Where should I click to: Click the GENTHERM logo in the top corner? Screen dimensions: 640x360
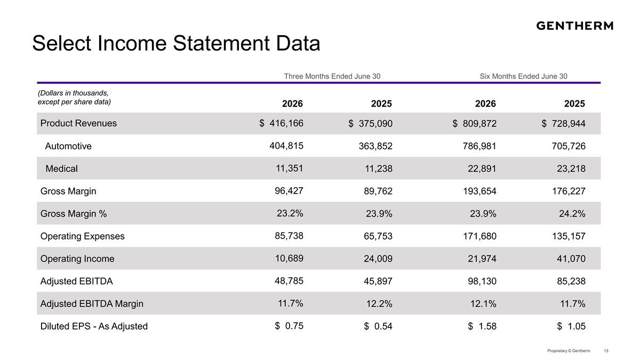(574, 26)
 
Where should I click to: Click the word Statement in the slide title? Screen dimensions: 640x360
(221, 43)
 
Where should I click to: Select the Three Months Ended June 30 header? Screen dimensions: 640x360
(332, 76)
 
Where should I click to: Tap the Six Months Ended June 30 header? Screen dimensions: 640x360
(523, 76)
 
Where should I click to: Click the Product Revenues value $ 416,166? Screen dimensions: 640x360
(282, 123)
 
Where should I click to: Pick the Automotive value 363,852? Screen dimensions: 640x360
(375, 146)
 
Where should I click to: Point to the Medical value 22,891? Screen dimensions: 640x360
(482, 169)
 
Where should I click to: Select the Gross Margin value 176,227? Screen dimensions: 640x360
(569, 191)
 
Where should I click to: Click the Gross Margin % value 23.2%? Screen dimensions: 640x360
(290, 213)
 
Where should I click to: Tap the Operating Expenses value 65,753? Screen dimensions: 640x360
(378, 236)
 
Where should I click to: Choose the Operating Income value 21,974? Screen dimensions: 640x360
(482, 259)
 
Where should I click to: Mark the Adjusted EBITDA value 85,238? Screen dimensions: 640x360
(571, 281)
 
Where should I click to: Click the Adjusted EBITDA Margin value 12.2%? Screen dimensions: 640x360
(379, 303)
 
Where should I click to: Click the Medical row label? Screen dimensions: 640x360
(61, 169)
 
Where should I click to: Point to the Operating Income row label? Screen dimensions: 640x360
(77, 259)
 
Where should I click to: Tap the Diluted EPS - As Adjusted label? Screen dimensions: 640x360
(94, 326)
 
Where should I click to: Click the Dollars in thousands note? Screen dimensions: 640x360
(74, 98)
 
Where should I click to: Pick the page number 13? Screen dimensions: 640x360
(606, 351)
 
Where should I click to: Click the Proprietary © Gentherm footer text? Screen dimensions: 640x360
(569, 351)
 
